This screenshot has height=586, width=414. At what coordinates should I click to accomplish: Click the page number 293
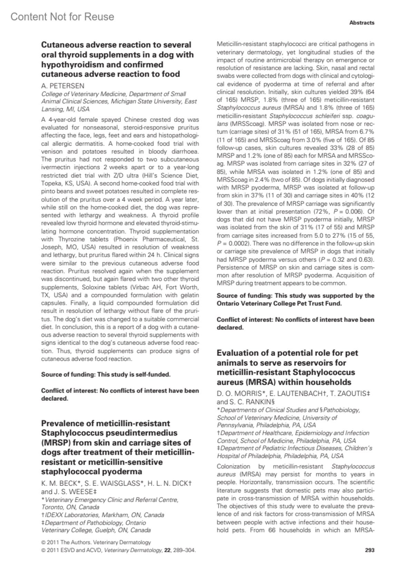pos(369,550)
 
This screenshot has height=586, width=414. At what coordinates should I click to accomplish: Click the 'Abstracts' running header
pos(362,23)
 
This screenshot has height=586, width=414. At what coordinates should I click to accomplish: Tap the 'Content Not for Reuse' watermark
pos(62,17)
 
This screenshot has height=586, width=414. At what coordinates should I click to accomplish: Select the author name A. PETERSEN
pos(62,86)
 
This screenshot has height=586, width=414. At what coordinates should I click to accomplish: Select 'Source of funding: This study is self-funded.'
pos(106,374)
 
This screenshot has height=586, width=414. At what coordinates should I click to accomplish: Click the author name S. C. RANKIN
pos(250,402)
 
